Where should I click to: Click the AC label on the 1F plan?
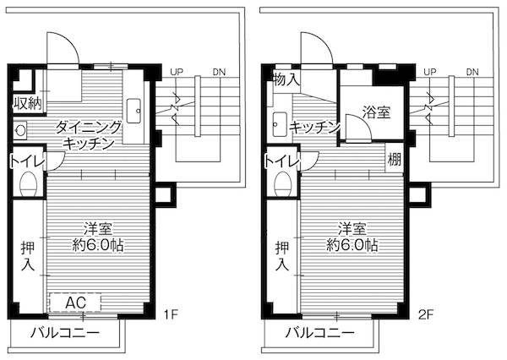[75, 303]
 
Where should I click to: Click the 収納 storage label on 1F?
[27, 104]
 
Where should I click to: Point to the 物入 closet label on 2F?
[285, 80]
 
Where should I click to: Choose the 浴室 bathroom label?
[376, 112]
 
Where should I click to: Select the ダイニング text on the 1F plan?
[89, 128]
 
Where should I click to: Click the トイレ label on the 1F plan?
[26, 161]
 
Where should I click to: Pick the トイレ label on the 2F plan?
[281, 161]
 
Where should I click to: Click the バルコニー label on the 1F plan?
[65, 333]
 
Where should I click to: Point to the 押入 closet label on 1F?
[26, 256]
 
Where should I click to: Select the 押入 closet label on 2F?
[281, 256]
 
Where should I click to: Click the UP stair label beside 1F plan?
[176, 72]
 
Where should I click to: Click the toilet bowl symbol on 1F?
[28, 184]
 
